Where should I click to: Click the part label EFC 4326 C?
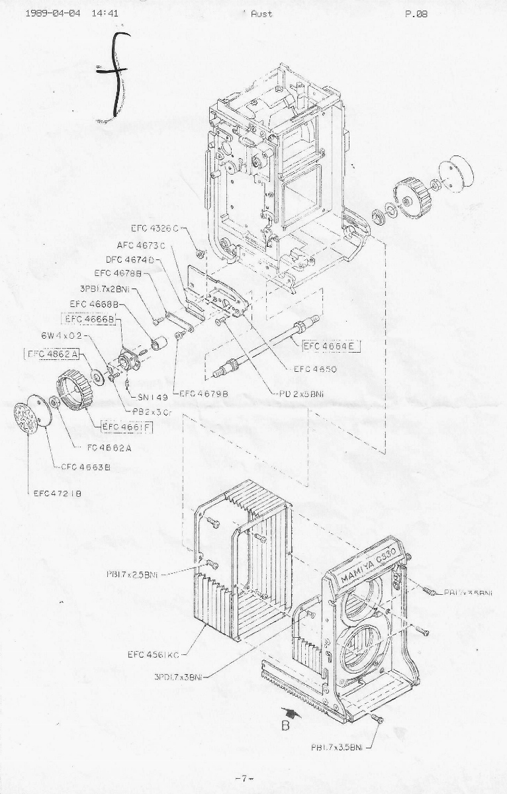[x=155, y=229]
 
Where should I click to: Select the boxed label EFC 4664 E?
[x=331, y=345]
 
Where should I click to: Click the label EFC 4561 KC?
[x=154, y=654]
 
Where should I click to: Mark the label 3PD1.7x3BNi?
[x=178, y=676]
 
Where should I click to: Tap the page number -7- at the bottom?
[x=244, y=778]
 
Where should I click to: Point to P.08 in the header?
[x=416, y=13]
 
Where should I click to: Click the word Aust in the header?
[x=261, y=13]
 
